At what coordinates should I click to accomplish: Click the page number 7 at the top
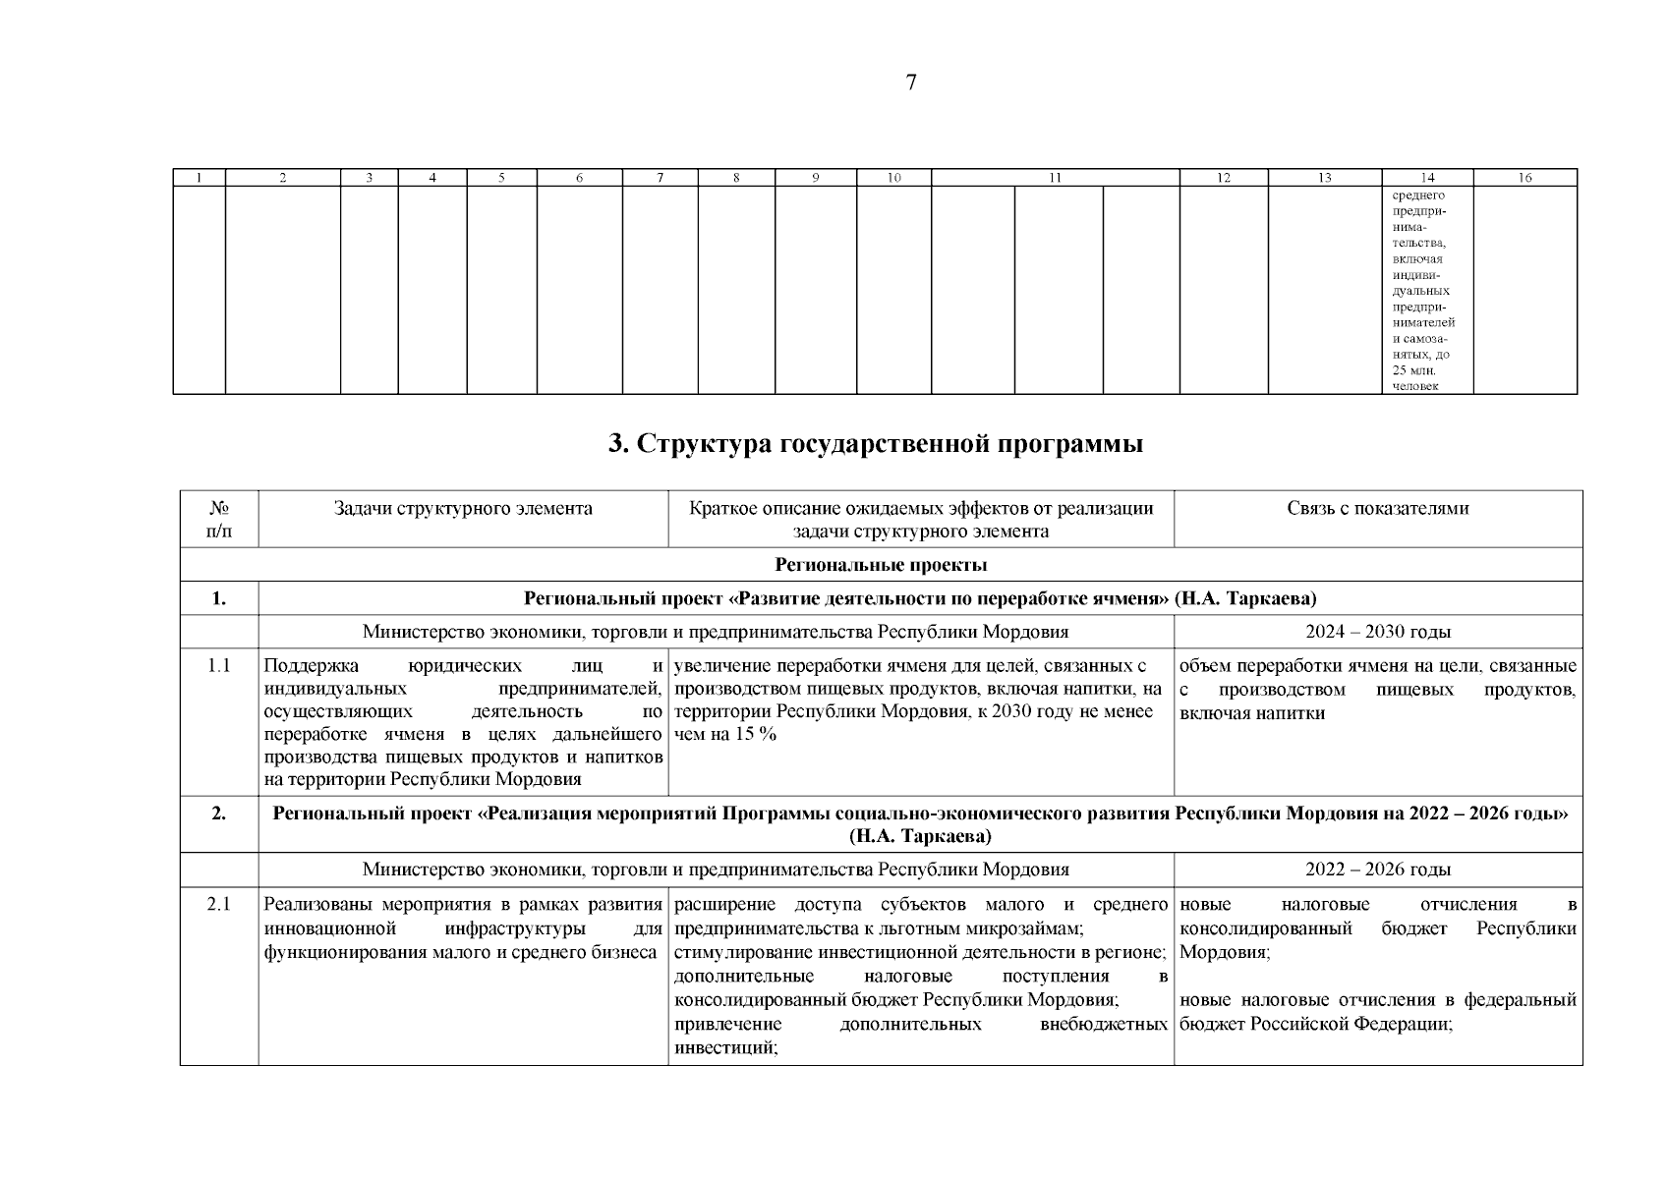[x=910, y=84]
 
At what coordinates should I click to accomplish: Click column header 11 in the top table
[x=1055, y=178]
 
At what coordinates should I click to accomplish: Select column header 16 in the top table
[x=1524, y=178]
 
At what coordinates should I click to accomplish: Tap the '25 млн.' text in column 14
[x=1413, y=370]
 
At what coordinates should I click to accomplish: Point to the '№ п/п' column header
[x=219, y=520]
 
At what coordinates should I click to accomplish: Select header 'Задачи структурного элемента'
[x=463, y=509]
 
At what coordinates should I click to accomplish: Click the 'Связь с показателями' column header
[x=1377, y=509]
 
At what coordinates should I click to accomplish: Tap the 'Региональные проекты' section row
[x=881, y=565]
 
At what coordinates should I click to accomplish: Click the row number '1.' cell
[x=219, y=598]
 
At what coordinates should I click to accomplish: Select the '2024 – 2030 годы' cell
[x=1377, y=632]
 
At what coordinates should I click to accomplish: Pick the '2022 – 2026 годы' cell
[x=1377, y=870]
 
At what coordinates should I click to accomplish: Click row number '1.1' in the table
[x=219, y=666]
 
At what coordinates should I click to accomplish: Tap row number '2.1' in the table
[x=219, y=904]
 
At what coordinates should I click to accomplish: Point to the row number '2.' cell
[x=219, y=814]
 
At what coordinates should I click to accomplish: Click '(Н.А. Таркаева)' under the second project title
[x=920, y=836]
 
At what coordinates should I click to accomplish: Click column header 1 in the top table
[x=200, y=178]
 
